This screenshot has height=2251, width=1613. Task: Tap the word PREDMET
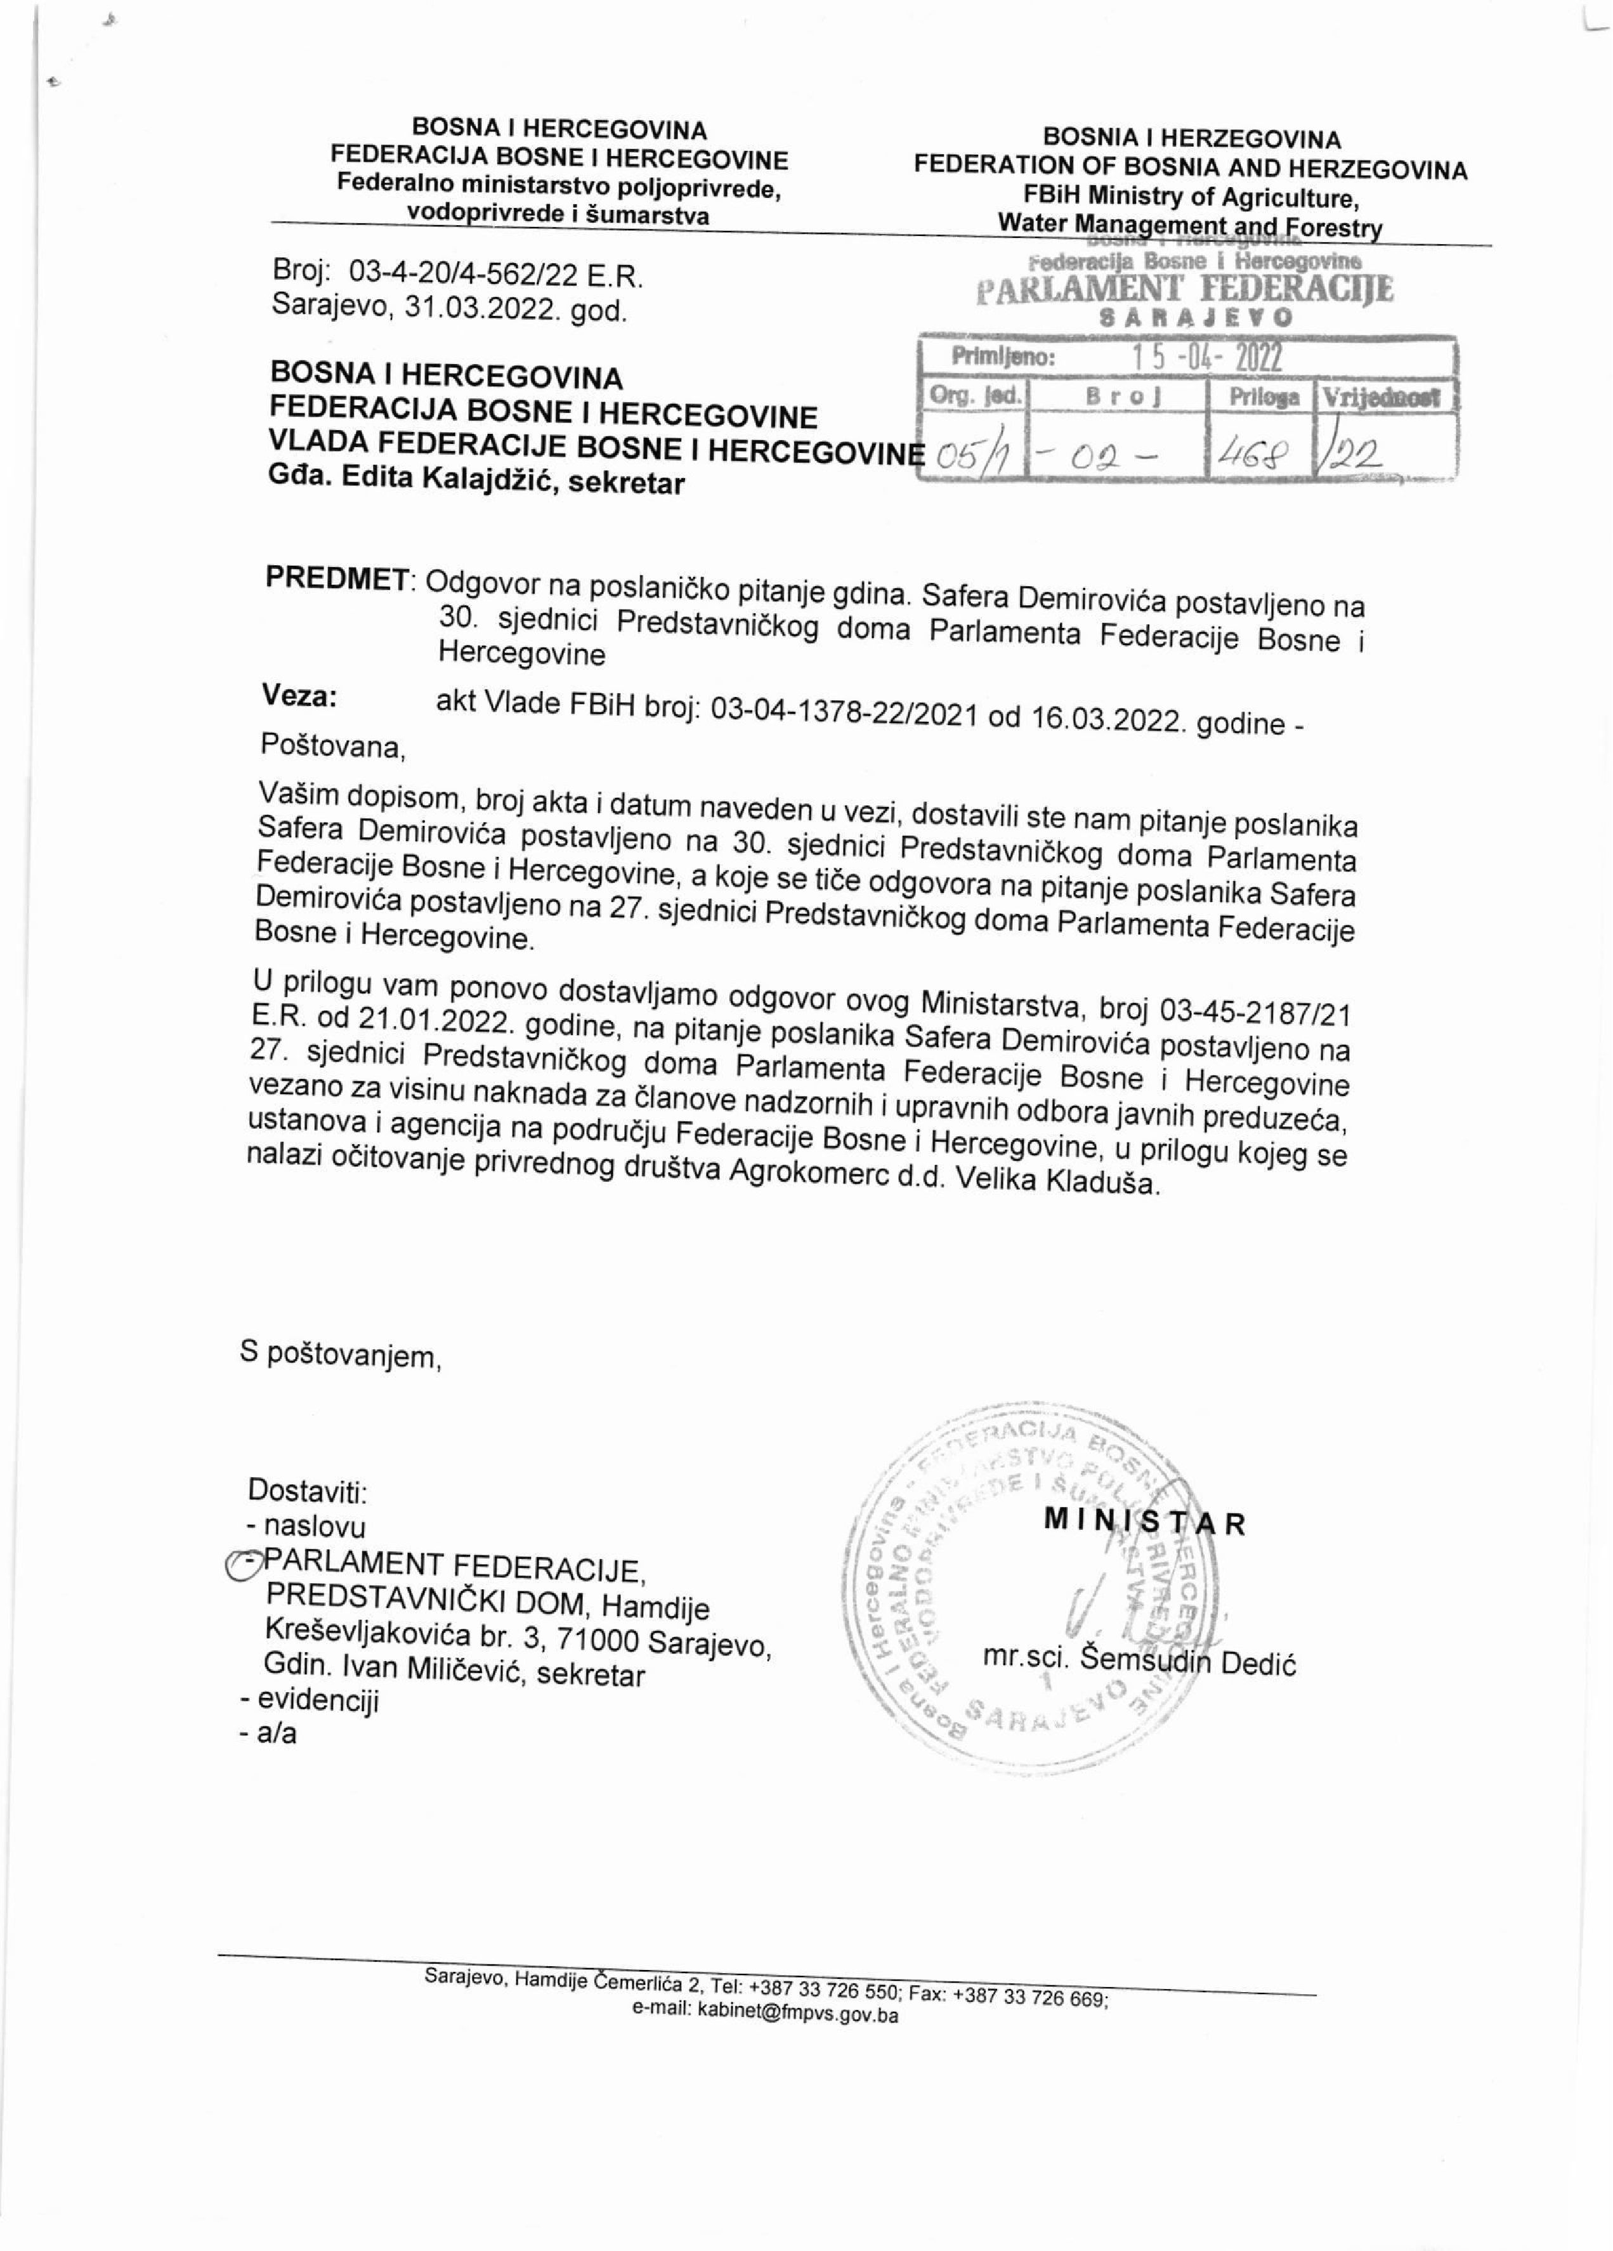point(337,578)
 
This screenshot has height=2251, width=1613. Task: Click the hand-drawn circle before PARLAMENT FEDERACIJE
point(241,1566)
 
